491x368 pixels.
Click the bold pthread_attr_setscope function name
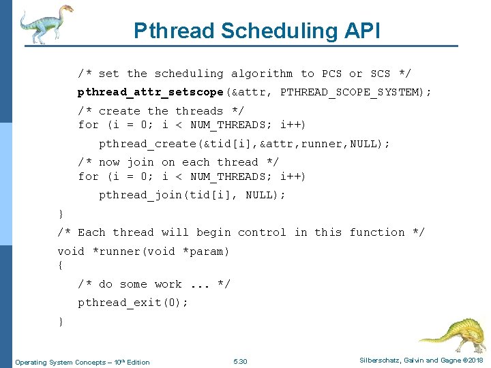[x=151, y=91]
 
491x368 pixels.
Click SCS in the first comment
[x=380, y=74]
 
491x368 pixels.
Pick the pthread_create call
[x=147, y=144]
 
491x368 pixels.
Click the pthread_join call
[x=140, y=195]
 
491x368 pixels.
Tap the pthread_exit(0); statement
[x=133, y=303]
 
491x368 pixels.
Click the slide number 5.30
[x=240, y=361]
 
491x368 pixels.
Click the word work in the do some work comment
[x=168, y=284]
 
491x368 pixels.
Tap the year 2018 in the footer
[x=475, y=361]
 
